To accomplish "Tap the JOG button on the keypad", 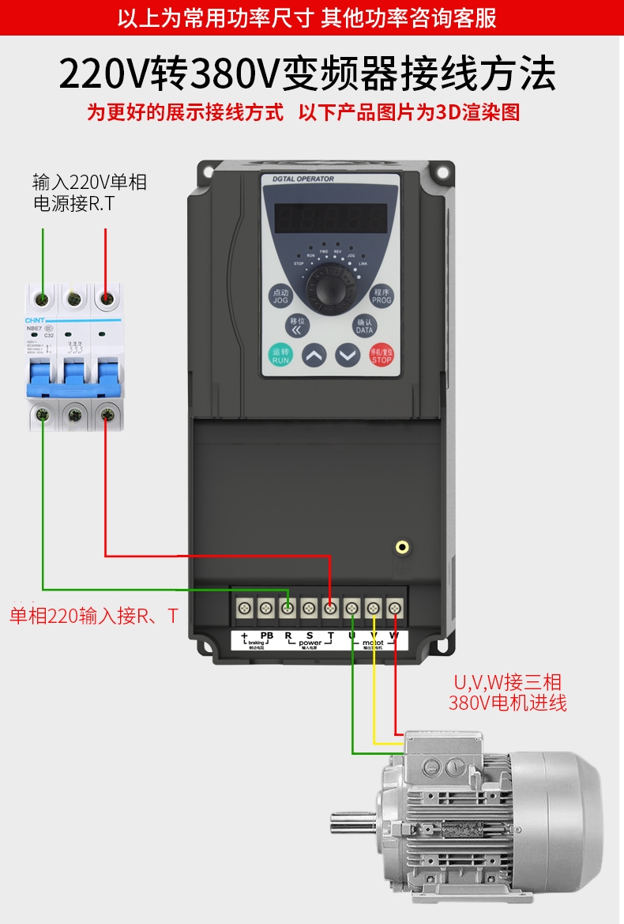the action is tap(281, 296).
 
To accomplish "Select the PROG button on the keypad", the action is tap(382, 296).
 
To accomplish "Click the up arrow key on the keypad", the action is tap(314, 355).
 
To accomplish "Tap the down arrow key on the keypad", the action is tap(348, 355).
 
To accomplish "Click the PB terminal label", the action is tap(266, 635).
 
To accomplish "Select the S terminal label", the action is tap(310, 635).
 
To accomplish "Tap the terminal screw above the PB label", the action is tap(266, 608).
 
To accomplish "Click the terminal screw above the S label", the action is tap(310, 608).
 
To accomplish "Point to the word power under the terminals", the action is tap(310, 643).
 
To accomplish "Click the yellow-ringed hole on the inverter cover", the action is tap(403, 546).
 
